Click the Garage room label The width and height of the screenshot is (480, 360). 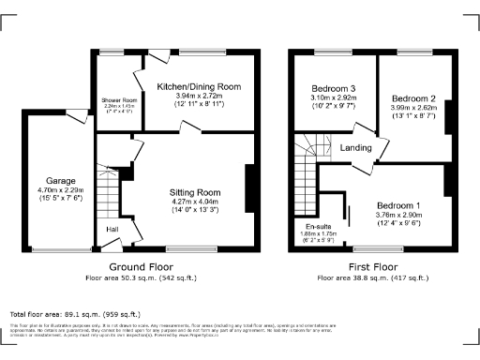(60, 180)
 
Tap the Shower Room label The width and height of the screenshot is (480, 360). (119, 99)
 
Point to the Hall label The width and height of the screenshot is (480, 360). (112, 229)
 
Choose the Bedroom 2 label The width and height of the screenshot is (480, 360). (413, 97)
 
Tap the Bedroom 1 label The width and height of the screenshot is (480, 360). (397, 205)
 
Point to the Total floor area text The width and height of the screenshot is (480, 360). (75, 313)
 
